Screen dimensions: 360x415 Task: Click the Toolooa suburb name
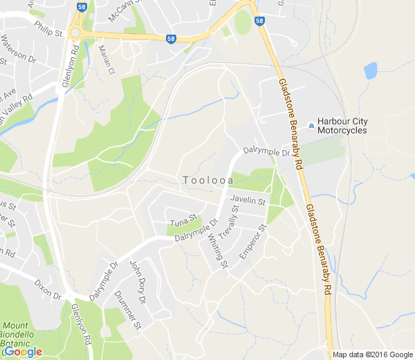click(x=207, y=181)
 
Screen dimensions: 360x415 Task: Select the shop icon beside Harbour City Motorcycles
click(x=311, y=125)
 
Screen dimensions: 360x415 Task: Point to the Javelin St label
click(x=248, y=201)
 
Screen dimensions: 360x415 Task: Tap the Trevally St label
click(x=228, y=222)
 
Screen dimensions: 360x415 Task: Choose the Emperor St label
click(x=252, y=242)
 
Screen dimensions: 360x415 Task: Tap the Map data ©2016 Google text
click(x=371, y=354)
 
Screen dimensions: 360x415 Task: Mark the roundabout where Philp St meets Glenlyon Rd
click(x=74, y=33)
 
